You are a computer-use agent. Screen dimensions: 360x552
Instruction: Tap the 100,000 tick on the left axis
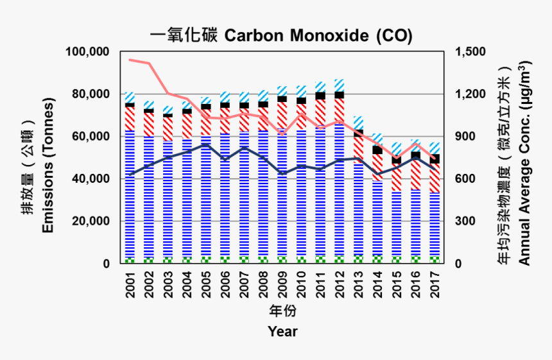coord(87,52)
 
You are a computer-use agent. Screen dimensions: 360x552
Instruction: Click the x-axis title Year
coord(282,332)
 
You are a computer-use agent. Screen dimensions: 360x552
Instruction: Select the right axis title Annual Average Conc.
coord(524,163)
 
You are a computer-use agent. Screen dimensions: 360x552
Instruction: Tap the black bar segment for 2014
coord(377,150)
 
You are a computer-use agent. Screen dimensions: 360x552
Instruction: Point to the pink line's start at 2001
coord(130,60)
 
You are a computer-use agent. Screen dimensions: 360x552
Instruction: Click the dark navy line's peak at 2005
coord(206,144)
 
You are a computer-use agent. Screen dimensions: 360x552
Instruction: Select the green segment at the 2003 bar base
coord(168,260)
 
